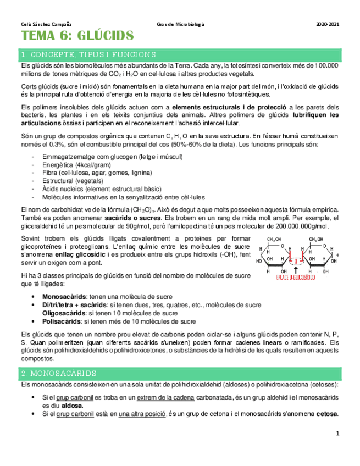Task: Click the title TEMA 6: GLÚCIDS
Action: click(77, 37)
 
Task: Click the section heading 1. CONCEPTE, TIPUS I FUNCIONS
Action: click(88, 54)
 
